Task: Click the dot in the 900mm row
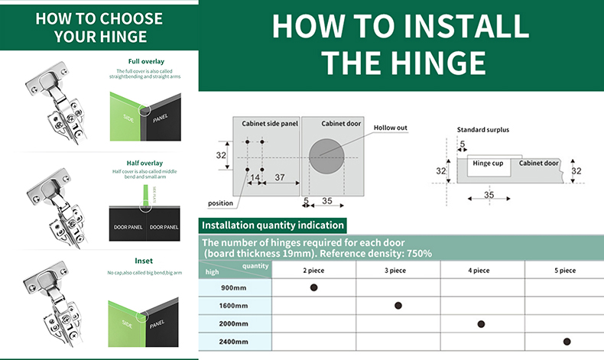313,287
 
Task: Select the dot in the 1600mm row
398,306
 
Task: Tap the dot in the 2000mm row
481,324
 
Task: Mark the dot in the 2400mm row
567,342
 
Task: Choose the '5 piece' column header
565,270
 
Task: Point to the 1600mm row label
233,306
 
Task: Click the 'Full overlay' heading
145,61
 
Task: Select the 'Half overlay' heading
145,163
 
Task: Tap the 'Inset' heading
144,261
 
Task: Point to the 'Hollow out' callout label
391,128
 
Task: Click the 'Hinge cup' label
487,163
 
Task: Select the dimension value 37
279,177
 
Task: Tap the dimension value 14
255,177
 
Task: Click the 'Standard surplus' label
482,130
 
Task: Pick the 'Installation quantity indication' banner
272,225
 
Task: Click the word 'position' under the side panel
220,203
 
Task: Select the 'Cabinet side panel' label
270,123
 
